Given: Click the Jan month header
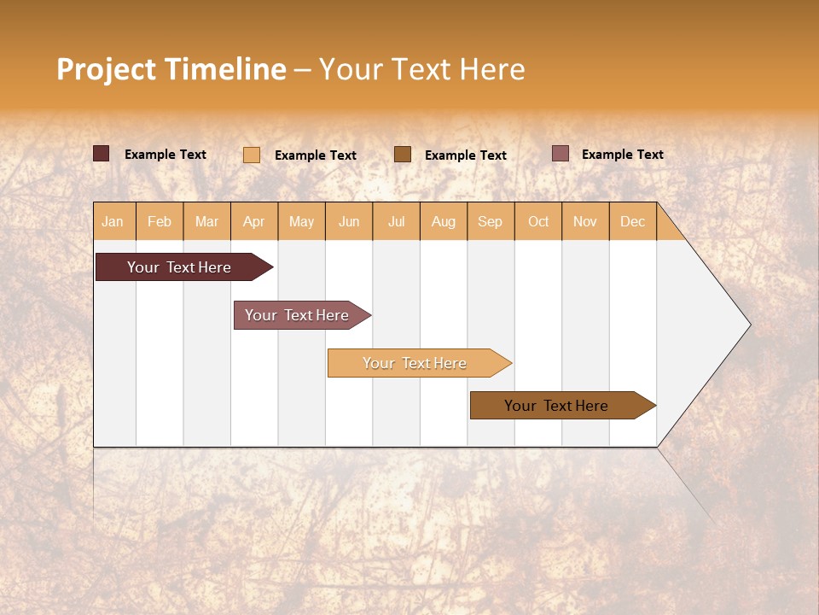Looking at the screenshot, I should [113, 221].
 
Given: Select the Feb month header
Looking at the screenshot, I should [160, 221].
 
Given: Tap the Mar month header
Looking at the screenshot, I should [206, 221].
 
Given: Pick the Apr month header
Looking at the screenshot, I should [254, 221].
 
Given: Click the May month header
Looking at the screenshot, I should [301, 221].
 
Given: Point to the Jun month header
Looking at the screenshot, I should [349, 221].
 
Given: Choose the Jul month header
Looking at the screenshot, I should [396, 221].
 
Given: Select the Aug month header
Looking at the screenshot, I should [444, 221].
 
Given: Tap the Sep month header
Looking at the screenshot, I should [491, 221].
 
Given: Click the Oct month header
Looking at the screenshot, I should [538, 221].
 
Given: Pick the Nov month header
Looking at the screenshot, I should [585, 221].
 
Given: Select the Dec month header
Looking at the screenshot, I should [633, 221].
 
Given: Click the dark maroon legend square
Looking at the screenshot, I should [102, 154].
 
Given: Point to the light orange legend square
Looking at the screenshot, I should [252, 155].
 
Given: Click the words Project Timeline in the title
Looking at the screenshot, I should [171, 69].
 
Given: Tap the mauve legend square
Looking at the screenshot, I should [561, 154].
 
